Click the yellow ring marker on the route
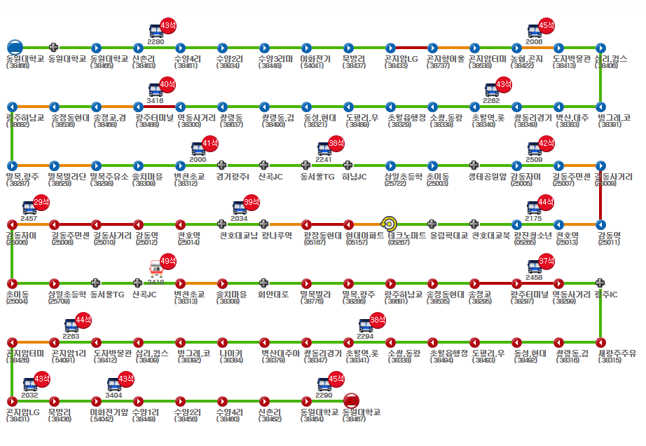click(390, 224)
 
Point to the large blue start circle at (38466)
click(15, 48)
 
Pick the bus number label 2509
click(534, 160)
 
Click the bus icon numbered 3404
click(114, 384)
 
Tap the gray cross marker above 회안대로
click(263, 283)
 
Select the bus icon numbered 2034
click(240, 208)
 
